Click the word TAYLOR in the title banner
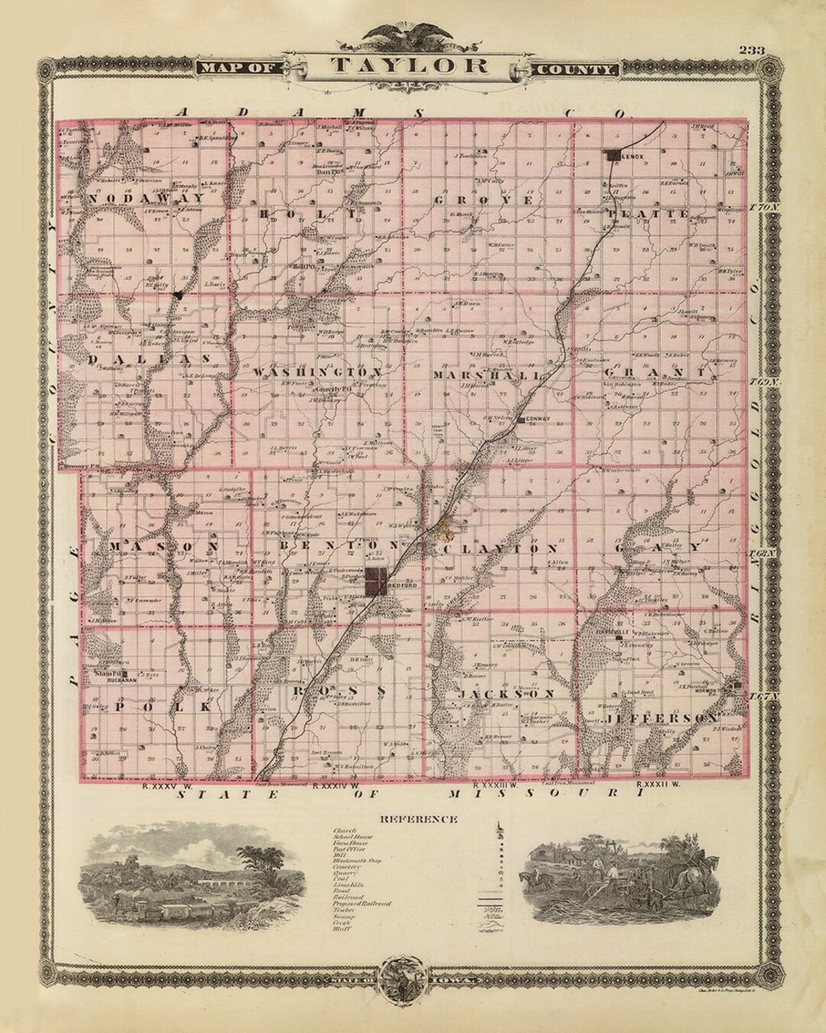410,65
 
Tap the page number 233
755,51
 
